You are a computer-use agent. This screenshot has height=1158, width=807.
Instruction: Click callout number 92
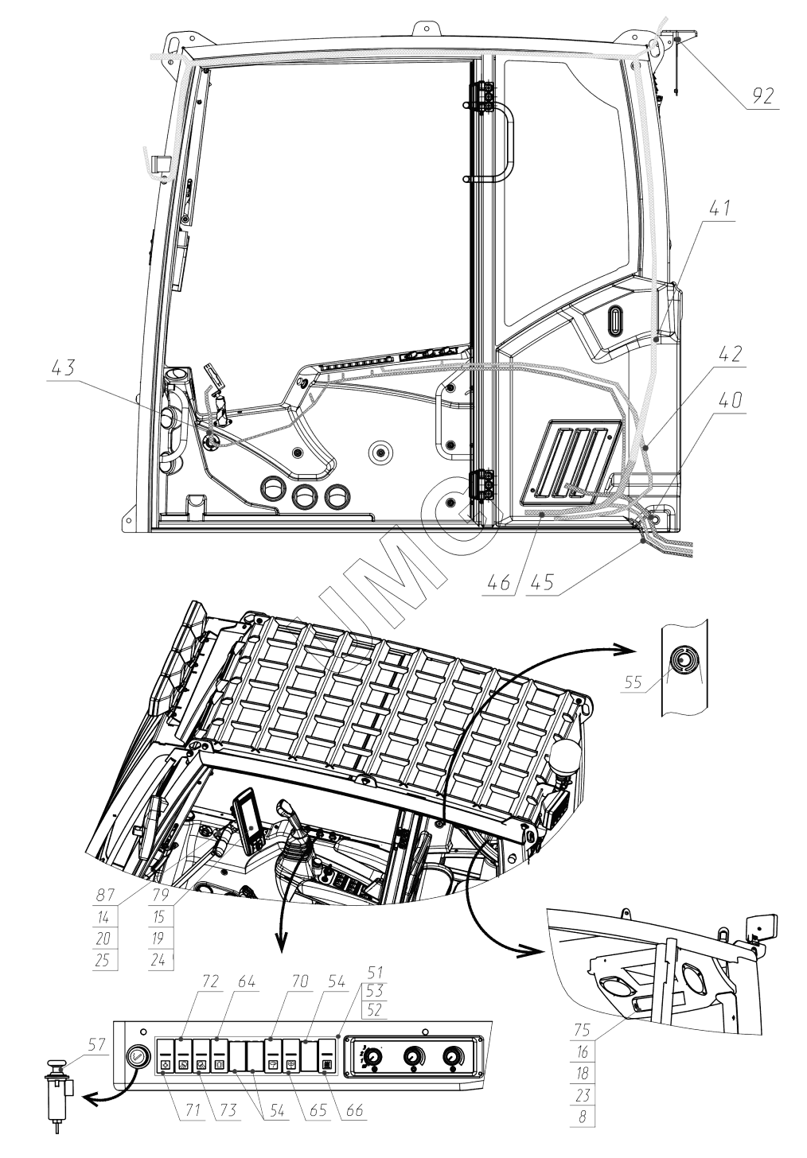click(762, 96)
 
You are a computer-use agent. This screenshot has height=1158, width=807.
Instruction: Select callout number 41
click(719, 208)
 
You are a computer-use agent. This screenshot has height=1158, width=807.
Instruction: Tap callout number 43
click(63, 368)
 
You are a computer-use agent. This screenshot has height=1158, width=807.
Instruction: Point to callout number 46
click(498, 583)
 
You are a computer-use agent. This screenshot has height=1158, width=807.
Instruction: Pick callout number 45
click(542, 583)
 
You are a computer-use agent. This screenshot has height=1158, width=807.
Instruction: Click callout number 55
click(633, 682)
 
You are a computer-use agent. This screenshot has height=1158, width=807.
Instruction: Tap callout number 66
click(354, 1110)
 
